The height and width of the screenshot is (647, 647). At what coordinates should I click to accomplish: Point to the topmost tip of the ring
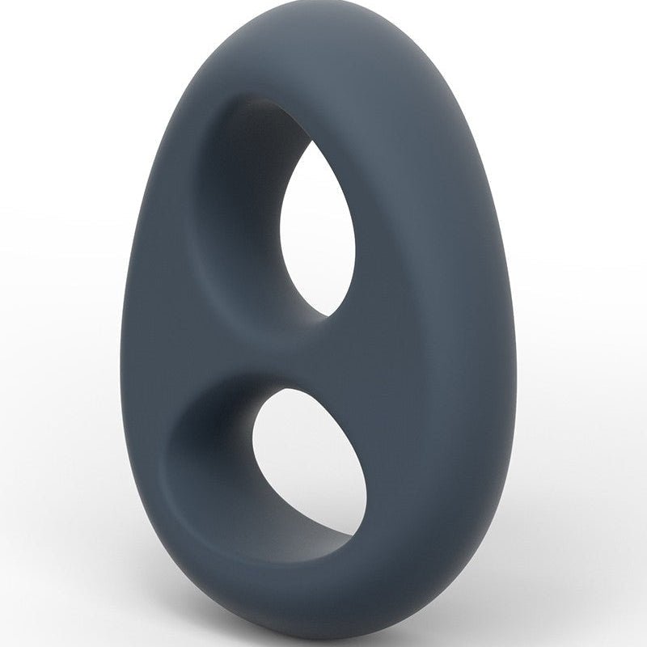pyautogui.click(x=267, y=15)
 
